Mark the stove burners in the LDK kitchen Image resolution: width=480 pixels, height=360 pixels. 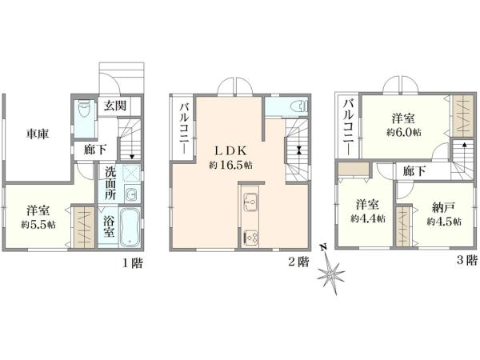(x=251, y=236)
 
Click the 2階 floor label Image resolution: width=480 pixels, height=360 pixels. (x=298, y=262)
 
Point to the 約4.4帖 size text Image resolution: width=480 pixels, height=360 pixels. (x=368, y=218)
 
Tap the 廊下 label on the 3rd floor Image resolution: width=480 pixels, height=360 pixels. (x=414, y=170)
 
